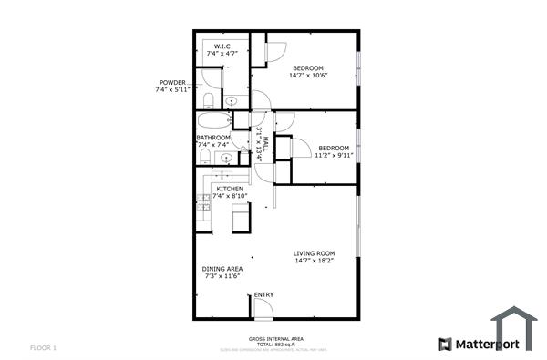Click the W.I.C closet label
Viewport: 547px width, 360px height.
pos(222,46)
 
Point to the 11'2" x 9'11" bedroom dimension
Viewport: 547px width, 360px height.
pos(334,156)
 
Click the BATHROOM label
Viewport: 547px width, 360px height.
pos(213,138)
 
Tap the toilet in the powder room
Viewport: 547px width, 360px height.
pos(209,99)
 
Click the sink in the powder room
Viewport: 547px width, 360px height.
pos(232,100)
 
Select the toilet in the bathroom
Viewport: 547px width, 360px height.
pos(205,159)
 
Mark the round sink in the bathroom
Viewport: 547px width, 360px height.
pos(226,157)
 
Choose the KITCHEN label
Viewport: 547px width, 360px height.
pos(229,189)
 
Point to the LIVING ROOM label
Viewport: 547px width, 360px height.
pos(315,253)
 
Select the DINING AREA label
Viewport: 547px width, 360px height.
pos(222,269)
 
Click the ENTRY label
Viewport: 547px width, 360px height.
pos(263,294)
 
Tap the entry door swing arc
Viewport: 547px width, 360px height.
pos(262,309)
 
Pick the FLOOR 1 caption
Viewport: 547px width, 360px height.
pos(44,347)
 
